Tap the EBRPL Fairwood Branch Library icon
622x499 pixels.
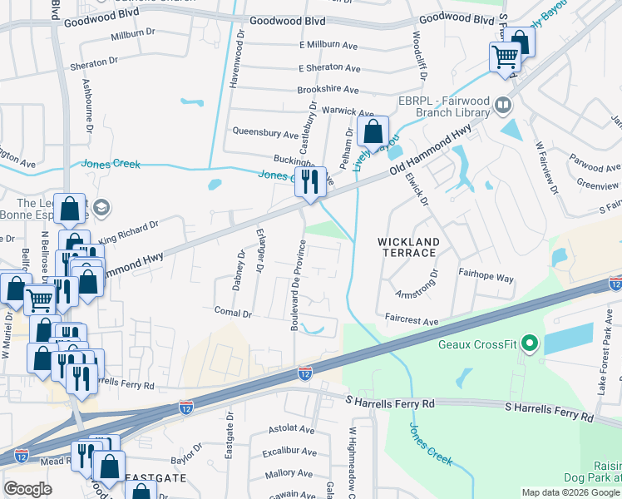click(502, 106)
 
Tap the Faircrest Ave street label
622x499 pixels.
click(411, 320)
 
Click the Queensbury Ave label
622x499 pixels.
click(265, 133)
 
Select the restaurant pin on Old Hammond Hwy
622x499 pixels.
click(310, 180)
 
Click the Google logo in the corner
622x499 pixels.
click(28, 489)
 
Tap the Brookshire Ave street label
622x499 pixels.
click(328, 90)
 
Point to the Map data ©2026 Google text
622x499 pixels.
click(570, 492)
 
